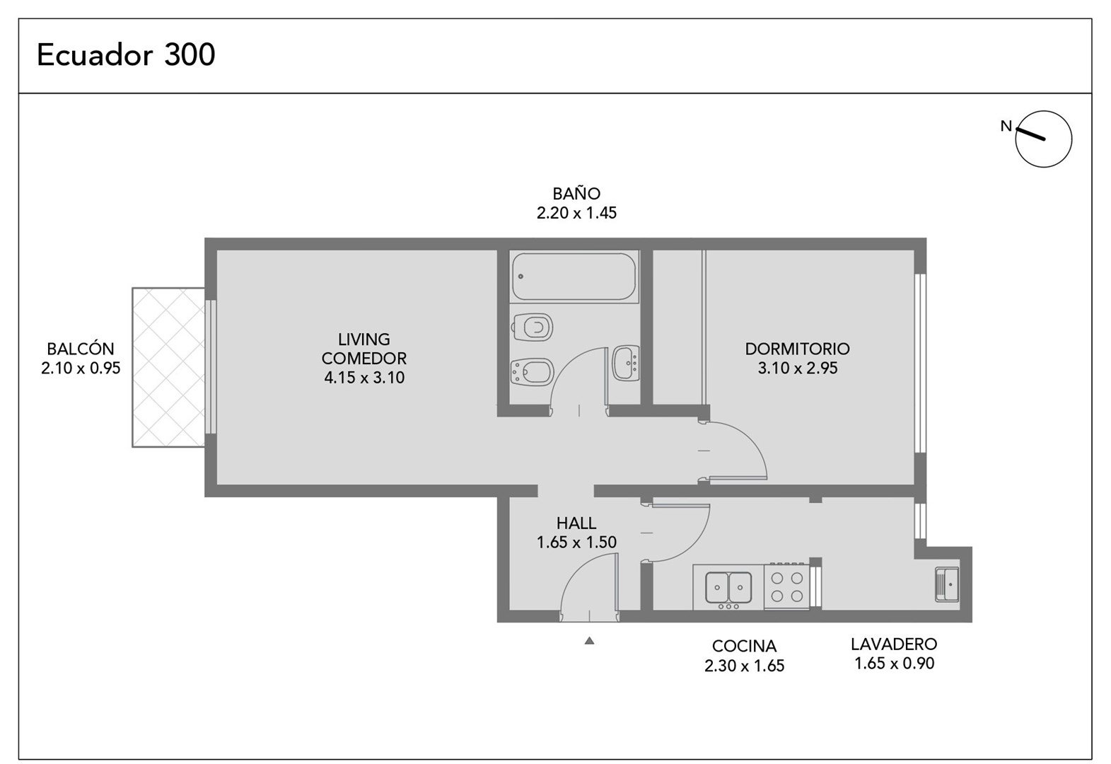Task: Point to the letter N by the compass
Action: [x=1006, y=126]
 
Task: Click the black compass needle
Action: [x=1031, y=134]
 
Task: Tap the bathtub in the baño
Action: [x=574, y=277]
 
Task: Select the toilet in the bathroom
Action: [x=532, y=327]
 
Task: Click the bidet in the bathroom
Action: [x=532, y=371]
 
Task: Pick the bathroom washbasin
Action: [x=626, y=363]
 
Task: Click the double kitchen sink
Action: [x=728, y=588]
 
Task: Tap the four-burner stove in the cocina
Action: [x=787, y=586]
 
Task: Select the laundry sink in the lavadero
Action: [x=947, y=584]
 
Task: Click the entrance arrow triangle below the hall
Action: [x=589, y=640]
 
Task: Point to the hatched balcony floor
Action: [x=168, y=368]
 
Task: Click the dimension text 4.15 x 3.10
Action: [x=364, y=378]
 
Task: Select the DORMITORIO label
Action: [x=797, y=349]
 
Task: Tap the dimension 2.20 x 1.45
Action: [x=576, y=213]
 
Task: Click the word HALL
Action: [x=576, y=523]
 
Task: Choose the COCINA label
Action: [x=744, y=646]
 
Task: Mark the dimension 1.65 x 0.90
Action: [x=895, y=664]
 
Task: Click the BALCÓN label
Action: [x=81, y=348]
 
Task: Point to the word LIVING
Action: [x=364, y=340]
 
